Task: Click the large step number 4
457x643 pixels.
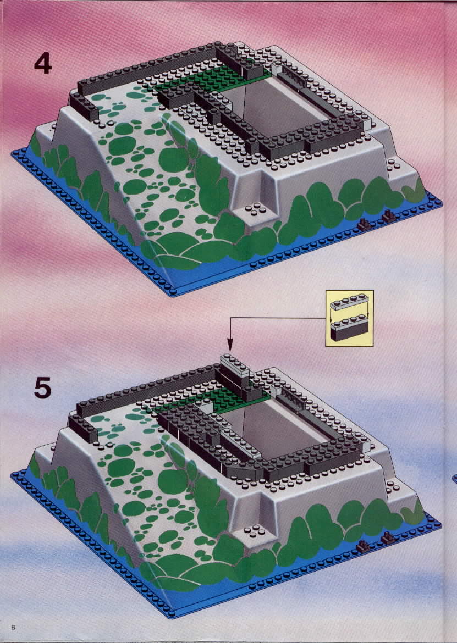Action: point(43,64)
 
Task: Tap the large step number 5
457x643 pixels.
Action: point(43,387)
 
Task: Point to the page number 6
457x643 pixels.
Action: point(14,628)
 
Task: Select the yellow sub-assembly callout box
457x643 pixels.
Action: point(350,318)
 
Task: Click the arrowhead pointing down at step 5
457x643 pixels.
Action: point(230,345)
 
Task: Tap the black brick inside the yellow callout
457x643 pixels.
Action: point(350,332)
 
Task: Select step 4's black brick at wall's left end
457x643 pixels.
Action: point(84,107)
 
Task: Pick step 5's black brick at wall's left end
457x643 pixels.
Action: point(83,429)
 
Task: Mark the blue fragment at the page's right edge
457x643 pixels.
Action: point(455,478)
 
